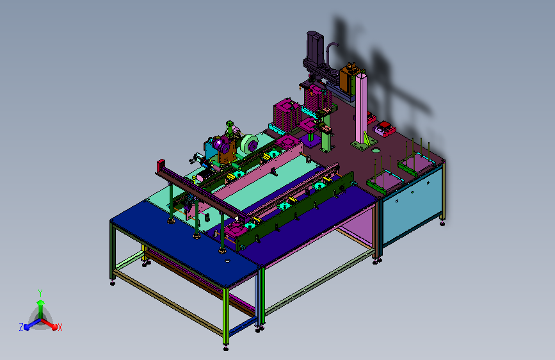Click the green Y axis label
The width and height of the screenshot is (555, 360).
(40, 293)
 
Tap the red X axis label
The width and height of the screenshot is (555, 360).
(60, 327)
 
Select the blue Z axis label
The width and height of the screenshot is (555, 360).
(21, 327)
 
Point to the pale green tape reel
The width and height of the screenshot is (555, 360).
(250, 144)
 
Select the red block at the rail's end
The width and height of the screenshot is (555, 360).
(161, 165)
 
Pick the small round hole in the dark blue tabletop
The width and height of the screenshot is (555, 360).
(227, 261)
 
